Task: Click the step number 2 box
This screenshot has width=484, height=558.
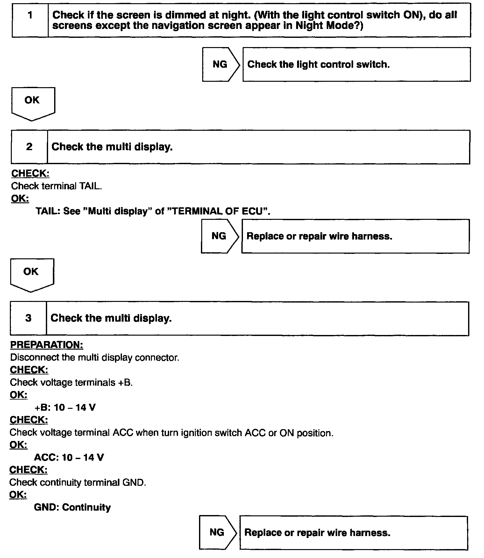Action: point(29,147)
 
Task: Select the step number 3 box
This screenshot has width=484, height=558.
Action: point(28,318)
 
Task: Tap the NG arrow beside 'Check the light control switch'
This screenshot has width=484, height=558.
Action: point(220,65)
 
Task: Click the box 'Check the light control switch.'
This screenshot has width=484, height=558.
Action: point(356,65)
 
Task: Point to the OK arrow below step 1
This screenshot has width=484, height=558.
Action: point(33,103)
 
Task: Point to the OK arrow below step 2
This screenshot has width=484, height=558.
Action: point(32,274)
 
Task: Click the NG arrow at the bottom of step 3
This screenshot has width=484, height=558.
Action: point(217,532)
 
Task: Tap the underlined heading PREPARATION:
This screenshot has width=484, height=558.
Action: point(46,345)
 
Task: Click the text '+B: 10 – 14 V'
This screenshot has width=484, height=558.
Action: point(65,408)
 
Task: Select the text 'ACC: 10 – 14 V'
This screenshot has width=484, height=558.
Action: point(69,457)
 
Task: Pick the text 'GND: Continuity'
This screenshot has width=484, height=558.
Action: point(72,507)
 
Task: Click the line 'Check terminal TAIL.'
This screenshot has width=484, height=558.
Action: point(56,186)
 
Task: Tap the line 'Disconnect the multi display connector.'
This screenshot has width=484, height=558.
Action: point(95,358)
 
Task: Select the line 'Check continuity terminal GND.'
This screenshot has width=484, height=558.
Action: point(78,482)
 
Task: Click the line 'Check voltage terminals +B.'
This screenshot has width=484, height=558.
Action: point(71,382)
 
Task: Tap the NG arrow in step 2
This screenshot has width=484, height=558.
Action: point(219,236)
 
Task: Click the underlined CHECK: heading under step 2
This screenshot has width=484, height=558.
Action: point(30,173)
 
